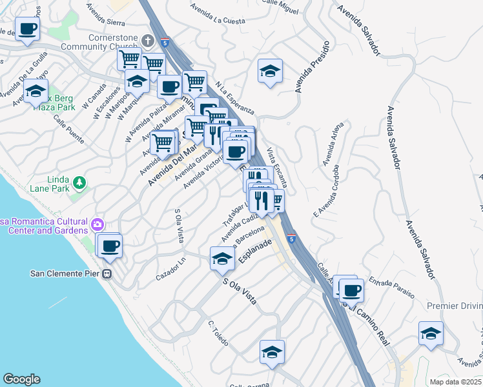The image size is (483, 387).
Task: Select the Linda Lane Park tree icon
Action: [79, 183]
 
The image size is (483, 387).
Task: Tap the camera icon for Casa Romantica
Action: [98, 225]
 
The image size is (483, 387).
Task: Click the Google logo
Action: [21, 379]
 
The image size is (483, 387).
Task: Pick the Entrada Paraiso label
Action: [392, 288]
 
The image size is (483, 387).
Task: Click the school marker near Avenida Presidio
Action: [270, 72]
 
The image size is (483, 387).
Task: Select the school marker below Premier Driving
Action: [431, 334]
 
